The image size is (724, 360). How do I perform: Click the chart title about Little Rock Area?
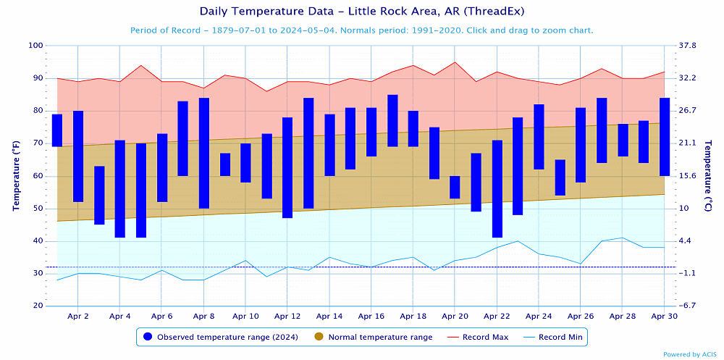pyautogui.click(x=361, y=12)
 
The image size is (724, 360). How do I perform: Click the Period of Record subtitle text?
pyautogui.click(x=361, y=30)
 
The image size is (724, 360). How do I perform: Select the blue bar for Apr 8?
pyautogui.click(x=204, y=153)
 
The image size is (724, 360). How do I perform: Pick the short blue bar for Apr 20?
pyautogui.click(x=455, y=187)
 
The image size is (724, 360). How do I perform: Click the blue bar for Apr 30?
pyautogui.click(x=665, y=137)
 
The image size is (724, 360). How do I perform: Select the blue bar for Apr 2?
pyautogui.click(x=78, y=156)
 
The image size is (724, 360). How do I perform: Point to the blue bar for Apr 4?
pyautogui.click(x=120, y=188)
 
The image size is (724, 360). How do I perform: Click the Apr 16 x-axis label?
pyautogui.click(x=371, y=317)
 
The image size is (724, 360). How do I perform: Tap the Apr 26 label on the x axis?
pyautogui.click(x=581, y=317)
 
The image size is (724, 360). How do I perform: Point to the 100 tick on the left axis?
pyautogui.click(x=35, y=46)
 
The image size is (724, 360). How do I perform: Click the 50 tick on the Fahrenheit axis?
pyautogui.click(x=38, y=209)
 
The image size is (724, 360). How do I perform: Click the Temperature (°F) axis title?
pyautogui.click(x=15, y=176)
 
